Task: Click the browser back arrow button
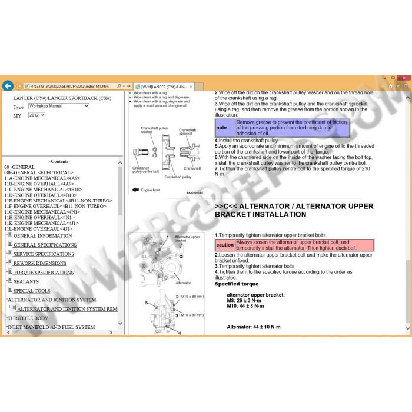coord(8,85)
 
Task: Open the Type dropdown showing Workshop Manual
coord(58,107)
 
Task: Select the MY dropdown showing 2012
coord(36,115)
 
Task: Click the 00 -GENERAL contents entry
coord(19,167)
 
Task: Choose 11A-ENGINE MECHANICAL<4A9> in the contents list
coord(42,178)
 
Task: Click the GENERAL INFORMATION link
coord(42,236)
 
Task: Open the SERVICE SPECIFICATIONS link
coord(44,254)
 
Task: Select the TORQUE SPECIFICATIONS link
coord(44,273)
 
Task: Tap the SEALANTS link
coord(26,281)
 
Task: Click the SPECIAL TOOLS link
coord(32,291)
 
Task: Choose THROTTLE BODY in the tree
coord(28,318)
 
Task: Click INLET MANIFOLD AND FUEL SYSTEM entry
coord(51,327)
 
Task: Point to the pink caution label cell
coord(225,245)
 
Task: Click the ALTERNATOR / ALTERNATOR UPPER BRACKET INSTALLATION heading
coord(294,211)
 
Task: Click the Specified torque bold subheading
coord(237,284)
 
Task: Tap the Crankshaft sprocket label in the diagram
coord(188,132)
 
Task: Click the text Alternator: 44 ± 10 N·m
coord(254,327)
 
